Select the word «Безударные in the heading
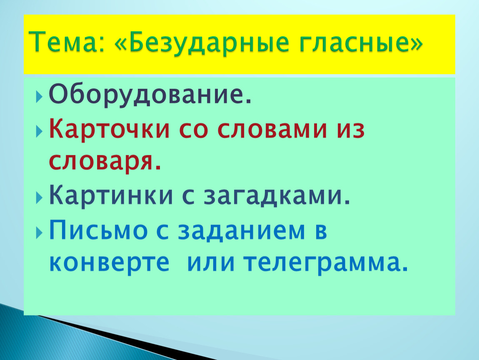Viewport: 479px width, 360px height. pos(201,42)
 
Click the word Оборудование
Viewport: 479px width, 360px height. pos(150,95)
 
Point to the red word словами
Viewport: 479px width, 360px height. pos(272,130)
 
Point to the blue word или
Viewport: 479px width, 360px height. pos(211,262)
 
